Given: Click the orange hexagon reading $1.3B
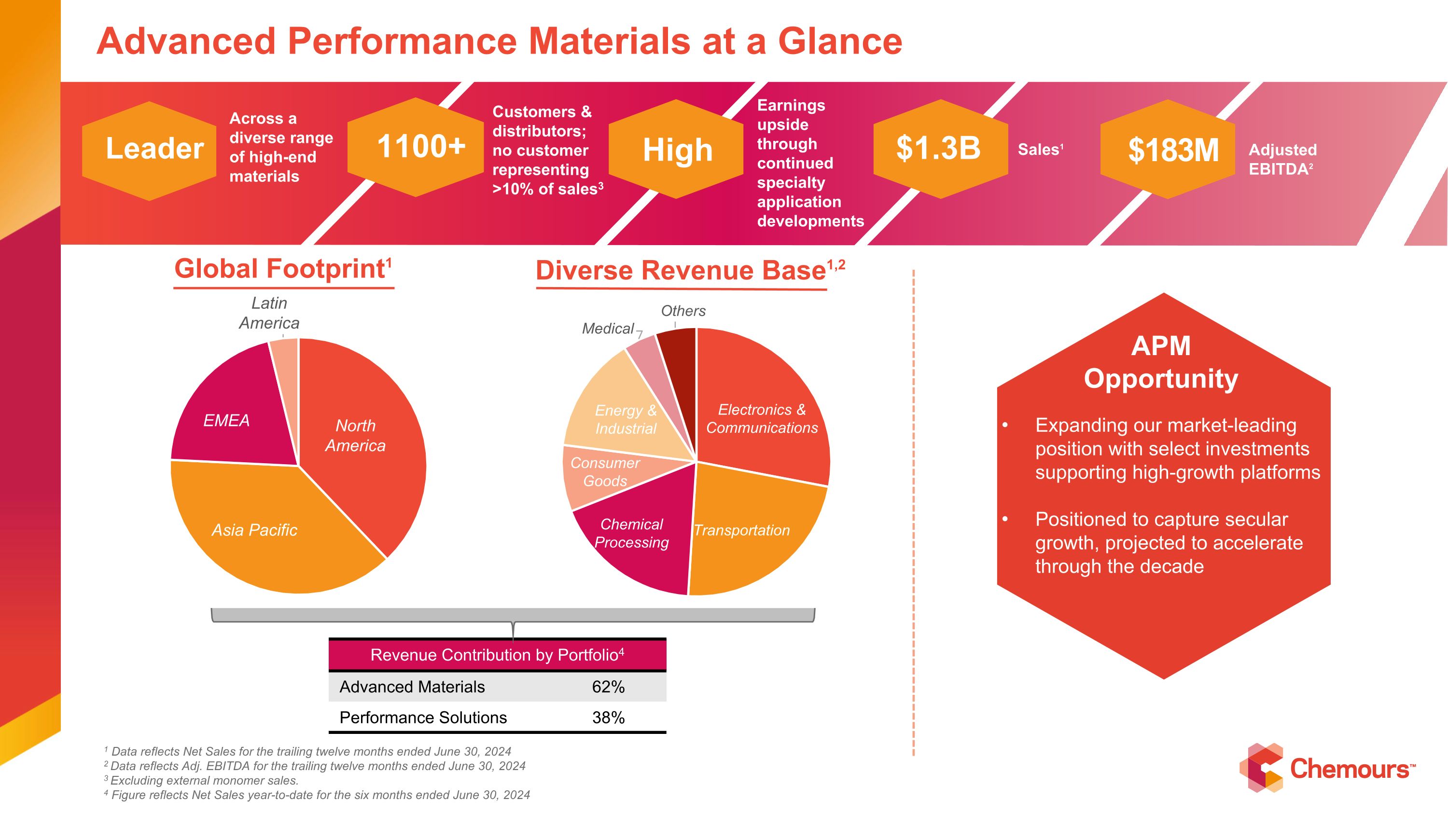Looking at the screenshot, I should (940, 149).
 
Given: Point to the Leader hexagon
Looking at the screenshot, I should (150, 150).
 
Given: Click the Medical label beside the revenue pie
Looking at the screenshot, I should (608, 329).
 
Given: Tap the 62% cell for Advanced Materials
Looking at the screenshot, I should (608, 687).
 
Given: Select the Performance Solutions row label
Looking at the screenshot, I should (423, 718).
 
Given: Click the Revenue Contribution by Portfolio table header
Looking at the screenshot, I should (497, 655).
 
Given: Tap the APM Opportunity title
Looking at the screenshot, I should (1161, 362).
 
